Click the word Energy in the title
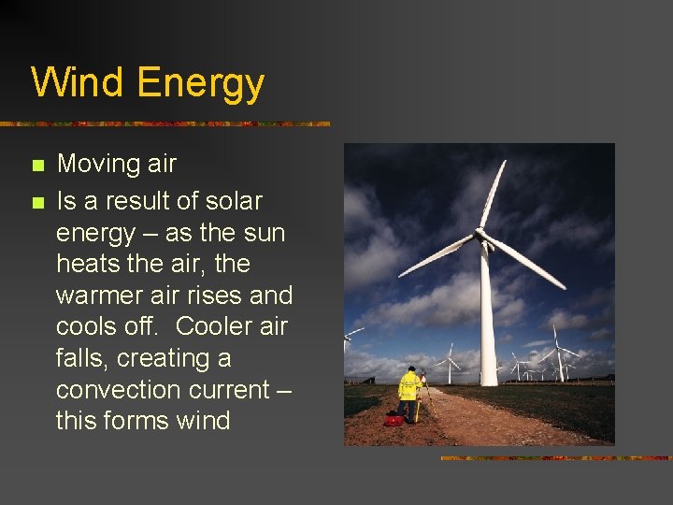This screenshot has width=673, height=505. coord(201,84)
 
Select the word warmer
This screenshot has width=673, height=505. coord(101,296)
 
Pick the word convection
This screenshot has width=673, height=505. coord(116,389)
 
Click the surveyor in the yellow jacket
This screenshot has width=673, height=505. coord(408,393)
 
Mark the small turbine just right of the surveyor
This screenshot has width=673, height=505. coord(450,365)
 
